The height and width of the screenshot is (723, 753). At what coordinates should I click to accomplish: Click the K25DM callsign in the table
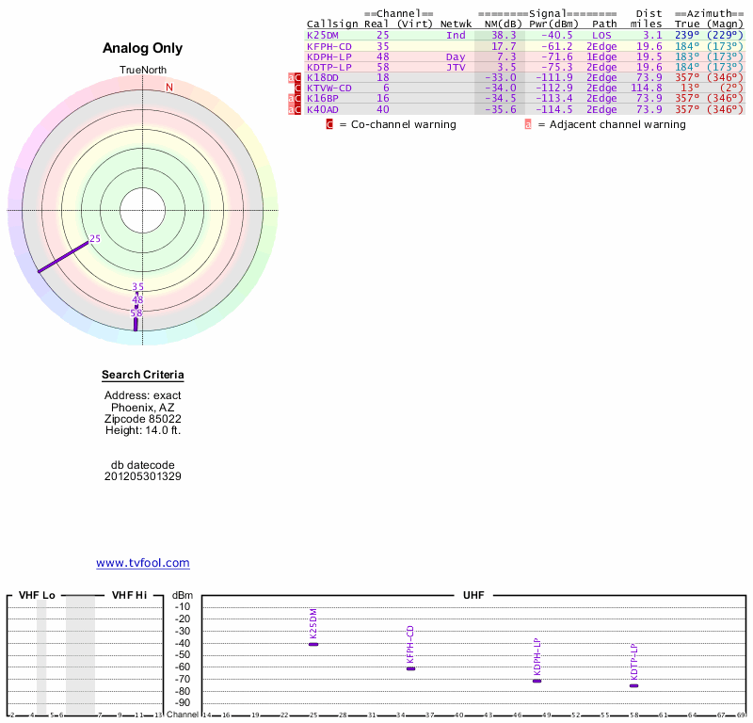pyautogui.click(x=323, y=35)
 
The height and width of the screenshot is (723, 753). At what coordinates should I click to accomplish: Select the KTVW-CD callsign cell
pyautogui.click(x=328, y=88)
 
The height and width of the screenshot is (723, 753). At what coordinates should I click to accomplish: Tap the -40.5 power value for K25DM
pyautogui.click(x=555, y=35)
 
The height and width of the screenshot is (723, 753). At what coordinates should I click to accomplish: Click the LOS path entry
pyautogui.click(x=601, y=35)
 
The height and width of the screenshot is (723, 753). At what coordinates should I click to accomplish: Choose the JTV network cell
pyautogui.click(x=456, y=67)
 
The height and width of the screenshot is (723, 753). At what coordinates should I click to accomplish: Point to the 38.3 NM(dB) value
pyautogui.click(x=504, y=35)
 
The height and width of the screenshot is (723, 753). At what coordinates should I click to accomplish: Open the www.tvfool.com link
pyautogui.click(x=143, y=563)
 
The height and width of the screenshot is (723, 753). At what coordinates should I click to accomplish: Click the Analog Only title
pyautogui.click(x=143, y=48)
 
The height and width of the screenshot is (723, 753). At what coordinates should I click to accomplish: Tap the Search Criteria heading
pyautogui.click(x=143, y=376)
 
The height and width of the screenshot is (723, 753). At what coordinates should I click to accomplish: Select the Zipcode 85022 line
pyautogui.click(x=143, y=419)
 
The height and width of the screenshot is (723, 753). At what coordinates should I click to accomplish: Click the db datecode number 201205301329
pyautogui.click(x=143, y=476)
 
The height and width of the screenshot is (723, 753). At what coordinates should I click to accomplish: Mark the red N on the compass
pyautogui.click(x=169, y=88)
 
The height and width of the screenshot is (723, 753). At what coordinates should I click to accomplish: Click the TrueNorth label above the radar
pyautogui.click(x=142, y=71)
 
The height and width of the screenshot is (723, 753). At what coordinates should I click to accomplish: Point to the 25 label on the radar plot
pyautogui.click(x=94, y=239)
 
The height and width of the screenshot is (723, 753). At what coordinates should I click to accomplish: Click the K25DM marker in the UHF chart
pyautogui.click(x=313, y=643)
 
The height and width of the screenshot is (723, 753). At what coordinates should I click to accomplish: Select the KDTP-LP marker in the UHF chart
pyautogui.click(x=634, y=684)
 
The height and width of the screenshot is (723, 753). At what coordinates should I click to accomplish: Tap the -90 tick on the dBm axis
pyautogui.click(x=183, y=703)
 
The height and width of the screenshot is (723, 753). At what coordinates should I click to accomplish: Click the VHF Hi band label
pyautogui.click(x=129, y=595)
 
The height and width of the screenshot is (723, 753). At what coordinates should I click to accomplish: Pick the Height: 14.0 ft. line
pyautogui.click(x=143, y=430)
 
